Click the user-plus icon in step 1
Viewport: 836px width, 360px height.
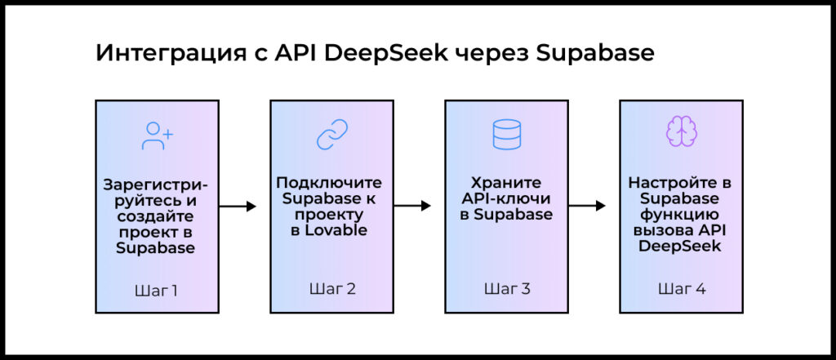pos(158,136)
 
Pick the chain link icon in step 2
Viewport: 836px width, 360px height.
pos(332,134)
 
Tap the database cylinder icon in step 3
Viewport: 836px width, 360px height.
pos(506,134)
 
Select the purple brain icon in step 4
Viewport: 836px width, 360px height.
pos(682,131)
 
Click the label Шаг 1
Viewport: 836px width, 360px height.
pos(156,291)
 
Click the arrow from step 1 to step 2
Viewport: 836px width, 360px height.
pos(238,207)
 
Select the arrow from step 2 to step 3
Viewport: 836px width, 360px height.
pos(412,206)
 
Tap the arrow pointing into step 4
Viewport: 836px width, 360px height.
pos(587,206)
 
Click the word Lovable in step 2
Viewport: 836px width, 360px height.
pos(341,232)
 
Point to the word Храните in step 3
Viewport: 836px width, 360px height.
pos(506,183)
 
